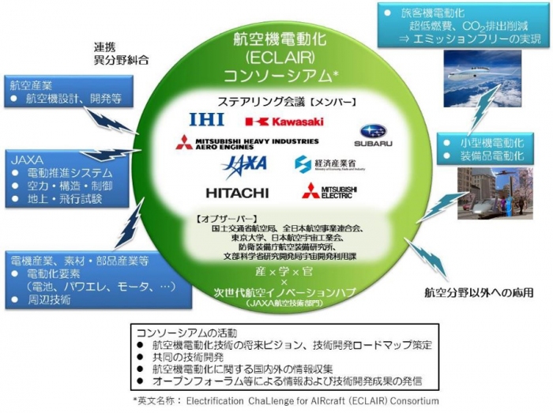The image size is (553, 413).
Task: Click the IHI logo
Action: point(208,119)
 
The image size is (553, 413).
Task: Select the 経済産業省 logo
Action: point(329,164)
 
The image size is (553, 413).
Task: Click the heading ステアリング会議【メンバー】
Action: point(276,101)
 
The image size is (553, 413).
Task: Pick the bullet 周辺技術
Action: point(49,299)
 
